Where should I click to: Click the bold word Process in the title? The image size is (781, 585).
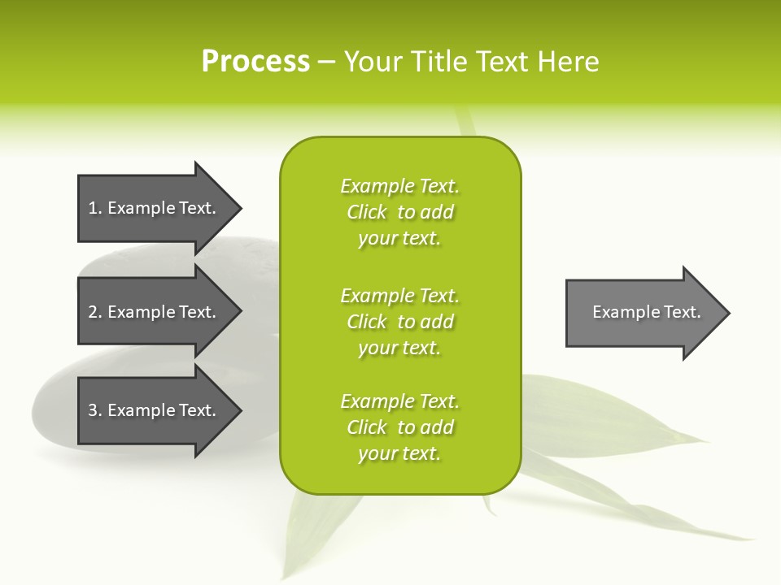(255, 62)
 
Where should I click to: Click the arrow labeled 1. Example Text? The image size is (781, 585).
(152, 208)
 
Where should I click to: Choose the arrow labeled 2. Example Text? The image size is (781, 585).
(152, 312)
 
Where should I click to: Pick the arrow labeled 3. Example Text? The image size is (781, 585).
(152, 410)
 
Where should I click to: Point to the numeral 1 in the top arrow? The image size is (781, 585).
(94, 208)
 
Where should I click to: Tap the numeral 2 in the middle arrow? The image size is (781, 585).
(94, 312)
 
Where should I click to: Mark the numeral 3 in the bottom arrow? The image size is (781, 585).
(94, 410)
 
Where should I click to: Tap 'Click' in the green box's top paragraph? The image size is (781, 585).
(367, 212)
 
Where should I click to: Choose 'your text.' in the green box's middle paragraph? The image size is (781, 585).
(399, 348)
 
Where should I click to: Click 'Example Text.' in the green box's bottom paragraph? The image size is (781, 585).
(399, 401)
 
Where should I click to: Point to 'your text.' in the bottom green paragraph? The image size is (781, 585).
(399, 453)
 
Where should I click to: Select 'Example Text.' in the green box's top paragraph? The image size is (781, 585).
(399, 186)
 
